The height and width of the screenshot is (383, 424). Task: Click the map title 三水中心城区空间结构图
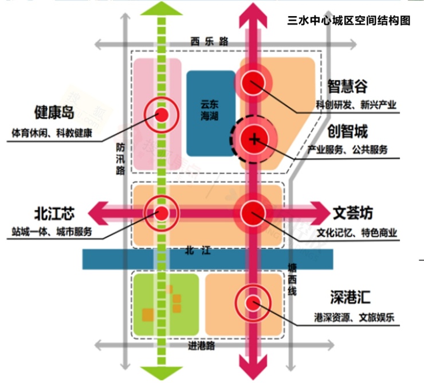(x=348, y=21)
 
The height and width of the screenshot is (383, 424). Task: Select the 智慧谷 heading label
(x=347, y=86)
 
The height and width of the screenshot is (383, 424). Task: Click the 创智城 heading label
(x=347, y=132)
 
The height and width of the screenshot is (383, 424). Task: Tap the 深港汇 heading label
(x=350, y=298)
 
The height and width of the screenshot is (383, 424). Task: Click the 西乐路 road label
(x=209, y=41)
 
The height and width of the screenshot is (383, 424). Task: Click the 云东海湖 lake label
(x=210, y=111)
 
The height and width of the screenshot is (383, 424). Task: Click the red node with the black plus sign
(x=252, y=138)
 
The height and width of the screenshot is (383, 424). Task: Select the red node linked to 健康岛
(x=162, y=115)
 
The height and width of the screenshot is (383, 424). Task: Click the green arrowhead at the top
(x=161, y=9)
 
